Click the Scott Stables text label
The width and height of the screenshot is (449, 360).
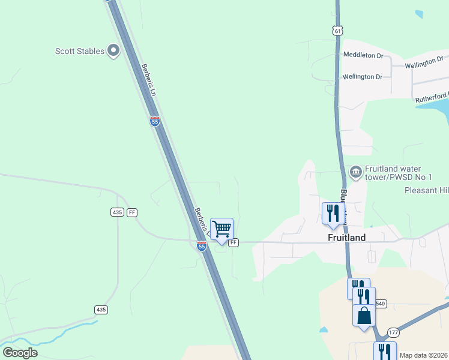click(x=79, y=51)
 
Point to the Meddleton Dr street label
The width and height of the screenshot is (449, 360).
click(x=363, y=55)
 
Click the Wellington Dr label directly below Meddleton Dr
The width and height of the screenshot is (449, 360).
click(x=362, y=77)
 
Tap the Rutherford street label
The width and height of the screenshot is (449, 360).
click(x=431, y=97)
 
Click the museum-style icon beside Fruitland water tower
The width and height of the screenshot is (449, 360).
click(x=355, y=172)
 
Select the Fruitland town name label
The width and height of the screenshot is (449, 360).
click(x=348, y=237)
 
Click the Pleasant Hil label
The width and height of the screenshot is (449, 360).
click(x=426, y=190)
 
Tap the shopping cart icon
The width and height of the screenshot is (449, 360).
click(x=222, y=229)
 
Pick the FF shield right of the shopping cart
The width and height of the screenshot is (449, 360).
click(x=234, y=242)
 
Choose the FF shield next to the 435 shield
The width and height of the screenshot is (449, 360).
click(x=132, y=212)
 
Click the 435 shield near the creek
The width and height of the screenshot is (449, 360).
click(x=101, y=309)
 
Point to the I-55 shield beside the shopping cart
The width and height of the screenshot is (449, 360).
click(x=202, y=245)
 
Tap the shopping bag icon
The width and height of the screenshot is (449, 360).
click(x=364, y=315)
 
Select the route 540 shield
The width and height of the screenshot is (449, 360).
click(x=381, y=304)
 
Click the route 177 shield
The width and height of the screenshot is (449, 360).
click(x=393, y=332)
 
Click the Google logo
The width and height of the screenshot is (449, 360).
click(x=20, y=353)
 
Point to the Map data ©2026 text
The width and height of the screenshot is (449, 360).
click(x=424, y=355)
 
